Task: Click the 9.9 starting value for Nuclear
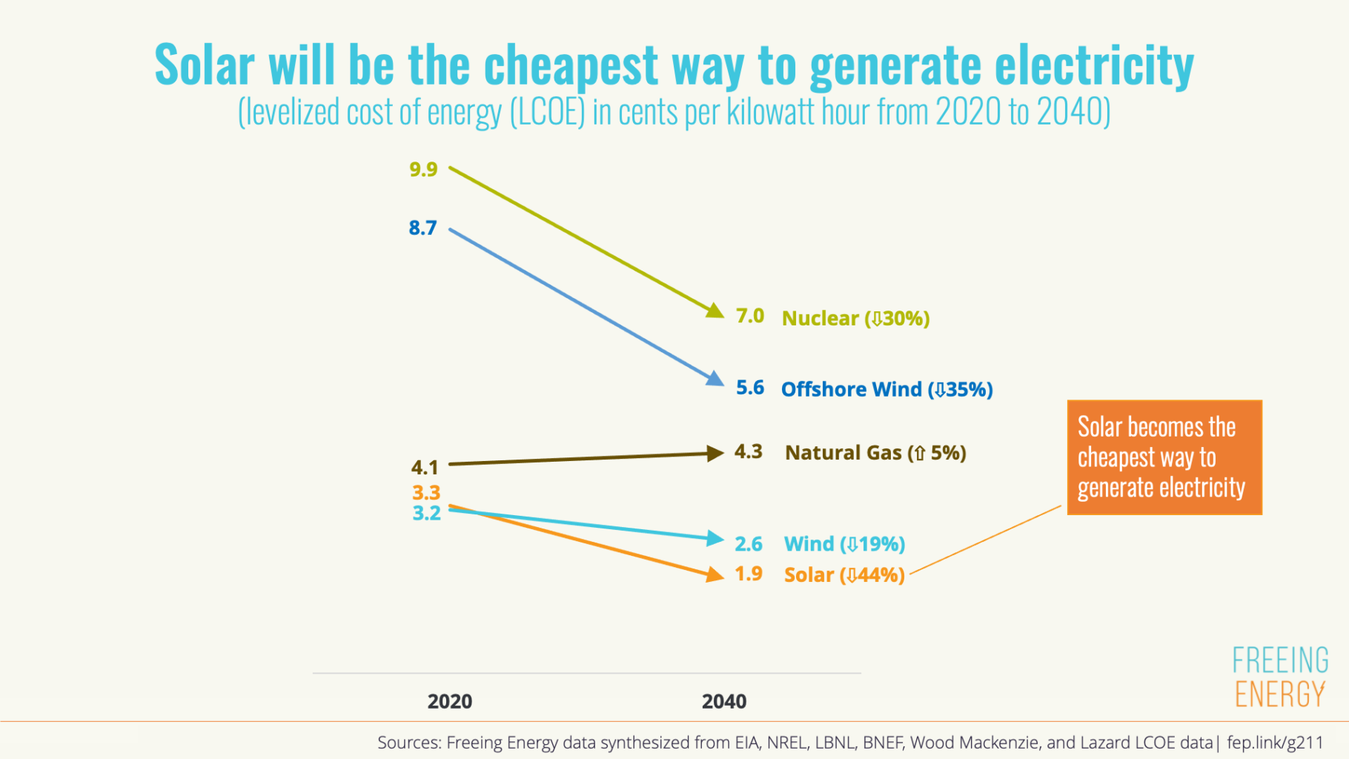coord(423,170)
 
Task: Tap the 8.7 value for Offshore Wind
coord(422,228)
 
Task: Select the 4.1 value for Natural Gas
coord(425,468)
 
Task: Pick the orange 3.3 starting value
coord(426,493)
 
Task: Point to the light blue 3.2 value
coord(426,513)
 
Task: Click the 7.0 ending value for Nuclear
coord(749,316)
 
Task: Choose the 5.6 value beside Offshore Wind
coord(749,388)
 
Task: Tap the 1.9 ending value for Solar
coord(748,574)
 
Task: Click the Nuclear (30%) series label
coord(855,319)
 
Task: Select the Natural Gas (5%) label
coord(875,453)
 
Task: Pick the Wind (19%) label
coord(844,544)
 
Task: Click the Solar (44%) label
coord(844,575)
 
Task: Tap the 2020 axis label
coord(449,701)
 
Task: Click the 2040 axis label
coord(723,701)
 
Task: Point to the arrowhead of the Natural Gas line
coord(715,453)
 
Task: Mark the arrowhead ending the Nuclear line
coord(715,311)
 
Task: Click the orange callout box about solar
coord(1164,457)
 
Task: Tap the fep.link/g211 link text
coord(1274,743)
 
